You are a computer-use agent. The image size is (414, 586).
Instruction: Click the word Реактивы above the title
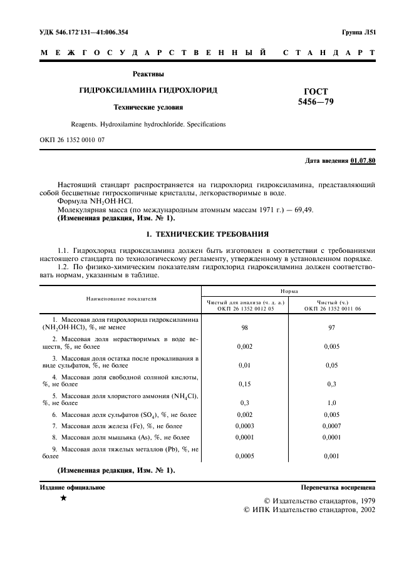coord(148,74)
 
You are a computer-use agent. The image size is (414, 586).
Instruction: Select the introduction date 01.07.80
coord(363,161)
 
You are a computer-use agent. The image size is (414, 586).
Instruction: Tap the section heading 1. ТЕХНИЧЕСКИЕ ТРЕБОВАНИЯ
coord(207,234)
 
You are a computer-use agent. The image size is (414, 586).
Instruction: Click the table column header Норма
coord(289,291)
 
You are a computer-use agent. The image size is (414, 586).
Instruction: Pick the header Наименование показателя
coord(122,299)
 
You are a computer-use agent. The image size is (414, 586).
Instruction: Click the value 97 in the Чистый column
coord(333,327)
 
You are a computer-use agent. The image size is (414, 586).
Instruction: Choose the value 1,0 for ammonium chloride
coord(333,404)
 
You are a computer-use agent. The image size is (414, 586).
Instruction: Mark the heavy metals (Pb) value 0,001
coord(333,456)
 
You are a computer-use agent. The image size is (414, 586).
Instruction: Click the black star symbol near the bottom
coord(63,498)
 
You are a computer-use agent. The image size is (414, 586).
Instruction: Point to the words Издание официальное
coord(73,486)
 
